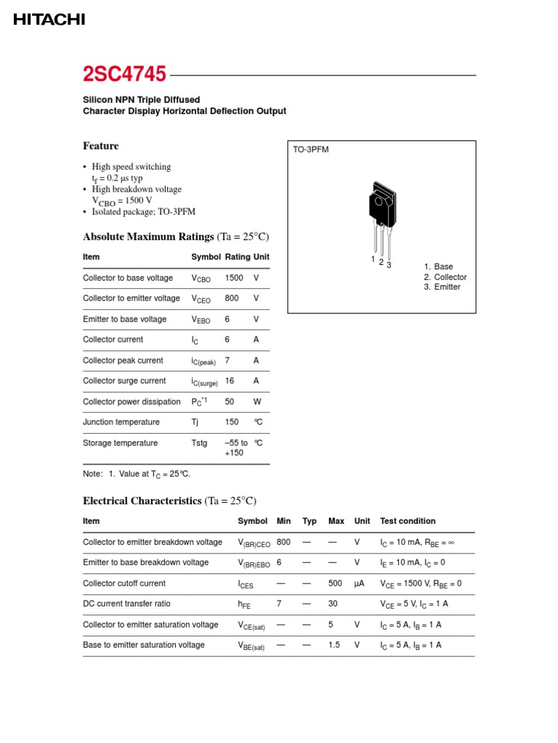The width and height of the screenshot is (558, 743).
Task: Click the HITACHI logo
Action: point(49,20)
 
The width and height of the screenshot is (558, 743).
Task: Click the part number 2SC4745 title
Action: point(124,75)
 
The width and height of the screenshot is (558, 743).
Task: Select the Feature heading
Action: point(101,146)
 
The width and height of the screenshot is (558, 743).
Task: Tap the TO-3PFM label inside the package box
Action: point(310,149)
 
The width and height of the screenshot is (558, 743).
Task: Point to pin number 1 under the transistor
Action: point(373,260)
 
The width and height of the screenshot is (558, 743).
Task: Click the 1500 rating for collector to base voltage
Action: point(234,278)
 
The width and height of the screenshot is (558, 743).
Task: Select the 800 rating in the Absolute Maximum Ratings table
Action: point(232,298)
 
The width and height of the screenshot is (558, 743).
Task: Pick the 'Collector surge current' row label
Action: point(124,381)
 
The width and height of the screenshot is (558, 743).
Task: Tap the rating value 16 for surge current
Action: point(230,381)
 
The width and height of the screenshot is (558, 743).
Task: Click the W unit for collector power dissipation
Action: point(257,402)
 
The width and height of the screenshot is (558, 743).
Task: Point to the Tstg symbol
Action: point(199,443)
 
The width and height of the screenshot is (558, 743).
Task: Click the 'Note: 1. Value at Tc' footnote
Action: point(137,474)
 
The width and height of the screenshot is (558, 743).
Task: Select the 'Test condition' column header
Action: point(408,521)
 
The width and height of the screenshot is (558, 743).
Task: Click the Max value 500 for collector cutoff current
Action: point(335,583)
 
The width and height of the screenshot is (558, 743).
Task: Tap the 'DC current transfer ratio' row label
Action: point(127,604)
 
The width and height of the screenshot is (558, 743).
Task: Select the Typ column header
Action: point(310,521)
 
